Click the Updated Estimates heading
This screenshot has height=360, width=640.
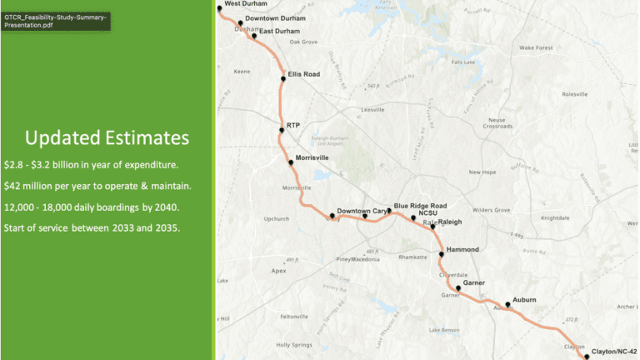(x=107, y=137)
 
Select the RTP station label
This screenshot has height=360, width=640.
(x=293, y=125)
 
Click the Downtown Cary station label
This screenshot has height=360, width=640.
(x=362, y=210)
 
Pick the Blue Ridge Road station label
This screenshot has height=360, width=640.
(x=421, y=205)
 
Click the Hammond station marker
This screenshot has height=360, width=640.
(x=441, y=252)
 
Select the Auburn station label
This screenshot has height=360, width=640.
(x=524, y=299)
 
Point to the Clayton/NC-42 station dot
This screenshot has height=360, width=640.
(x=587, y=356)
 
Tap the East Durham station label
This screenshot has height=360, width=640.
(x=279, y=32)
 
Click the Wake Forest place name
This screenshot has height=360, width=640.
(x=536, y=48)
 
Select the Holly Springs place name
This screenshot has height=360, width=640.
(x=293, y=344)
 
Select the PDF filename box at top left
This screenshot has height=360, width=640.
(x=56, y=20)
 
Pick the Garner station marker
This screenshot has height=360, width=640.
(x=457, y=288)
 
